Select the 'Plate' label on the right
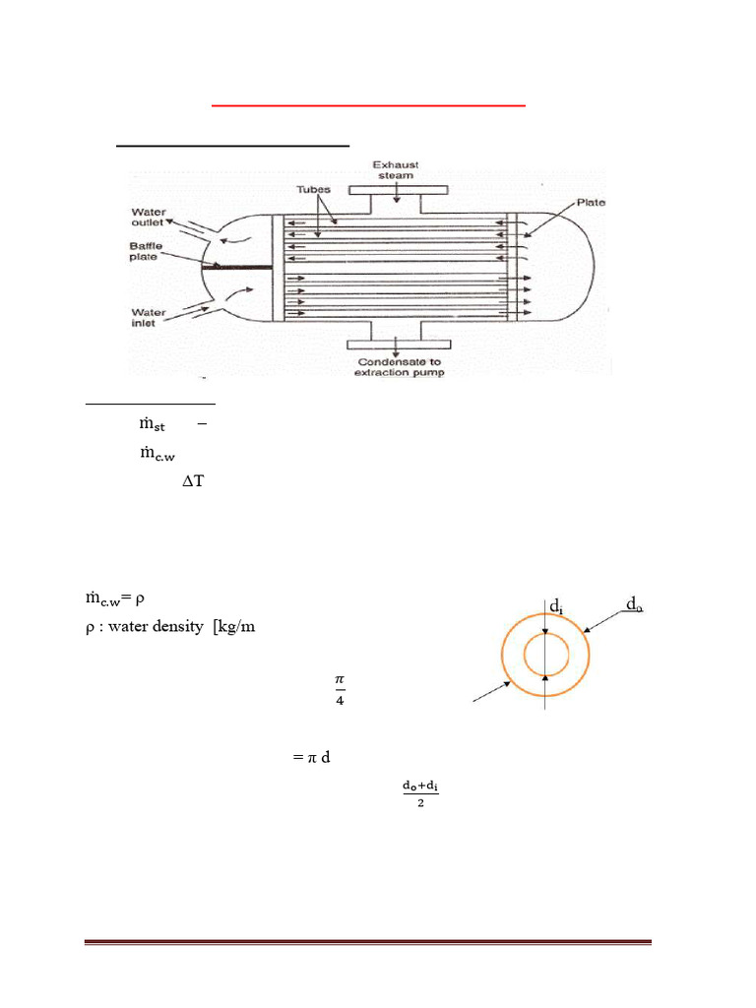coord(592,203)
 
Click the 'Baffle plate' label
coord(149,254)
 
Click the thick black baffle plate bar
coord(236,266)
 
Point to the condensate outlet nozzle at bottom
coord(396,339)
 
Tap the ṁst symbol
coord(152,424)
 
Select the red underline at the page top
coord(369,103)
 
